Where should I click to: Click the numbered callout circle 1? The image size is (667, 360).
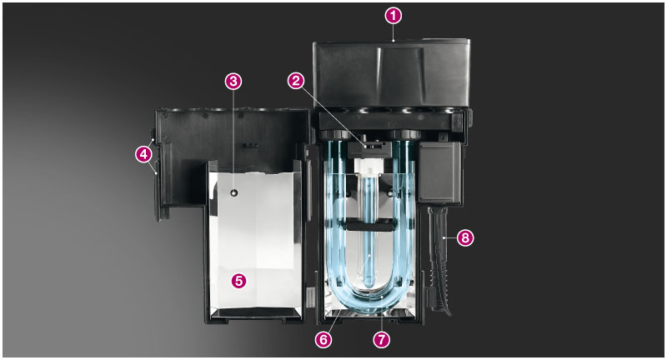pos(393,16)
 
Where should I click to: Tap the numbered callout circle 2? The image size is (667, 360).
pos(296,81)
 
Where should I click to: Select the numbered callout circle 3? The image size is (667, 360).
pos(233,81)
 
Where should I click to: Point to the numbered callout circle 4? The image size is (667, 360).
pos(143,154)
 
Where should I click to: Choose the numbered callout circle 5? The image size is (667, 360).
pos(238,281)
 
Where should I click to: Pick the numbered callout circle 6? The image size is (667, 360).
pos(323,339)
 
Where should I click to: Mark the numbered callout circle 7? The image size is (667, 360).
pos(381,339)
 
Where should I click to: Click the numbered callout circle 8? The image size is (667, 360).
pos(465,237)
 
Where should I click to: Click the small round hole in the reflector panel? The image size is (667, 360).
pos(233,193)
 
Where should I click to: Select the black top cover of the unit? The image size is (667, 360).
pos(392,73)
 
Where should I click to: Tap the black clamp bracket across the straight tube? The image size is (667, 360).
pos(369,225)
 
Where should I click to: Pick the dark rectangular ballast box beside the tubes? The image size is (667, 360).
pos(439,172)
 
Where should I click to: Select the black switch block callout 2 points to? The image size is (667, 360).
pos(369,149)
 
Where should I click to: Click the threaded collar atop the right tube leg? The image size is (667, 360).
pos(404,135)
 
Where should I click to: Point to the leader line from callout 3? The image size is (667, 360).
pos(233,139)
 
